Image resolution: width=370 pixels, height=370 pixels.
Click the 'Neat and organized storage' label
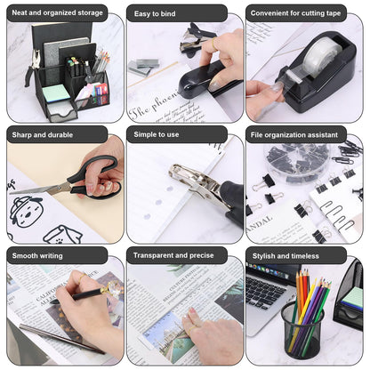click(58, 13)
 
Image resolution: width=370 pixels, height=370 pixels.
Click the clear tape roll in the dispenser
click(316, 59)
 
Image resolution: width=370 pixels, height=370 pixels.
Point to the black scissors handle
click(98, 177)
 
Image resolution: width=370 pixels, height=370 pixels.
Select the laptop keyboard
click(264, 294)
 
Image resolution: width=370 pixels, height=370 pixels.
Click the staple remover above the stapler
click(201, 40)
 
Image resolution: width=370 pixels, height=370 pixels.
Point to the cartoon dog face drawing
click(24, 211)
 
